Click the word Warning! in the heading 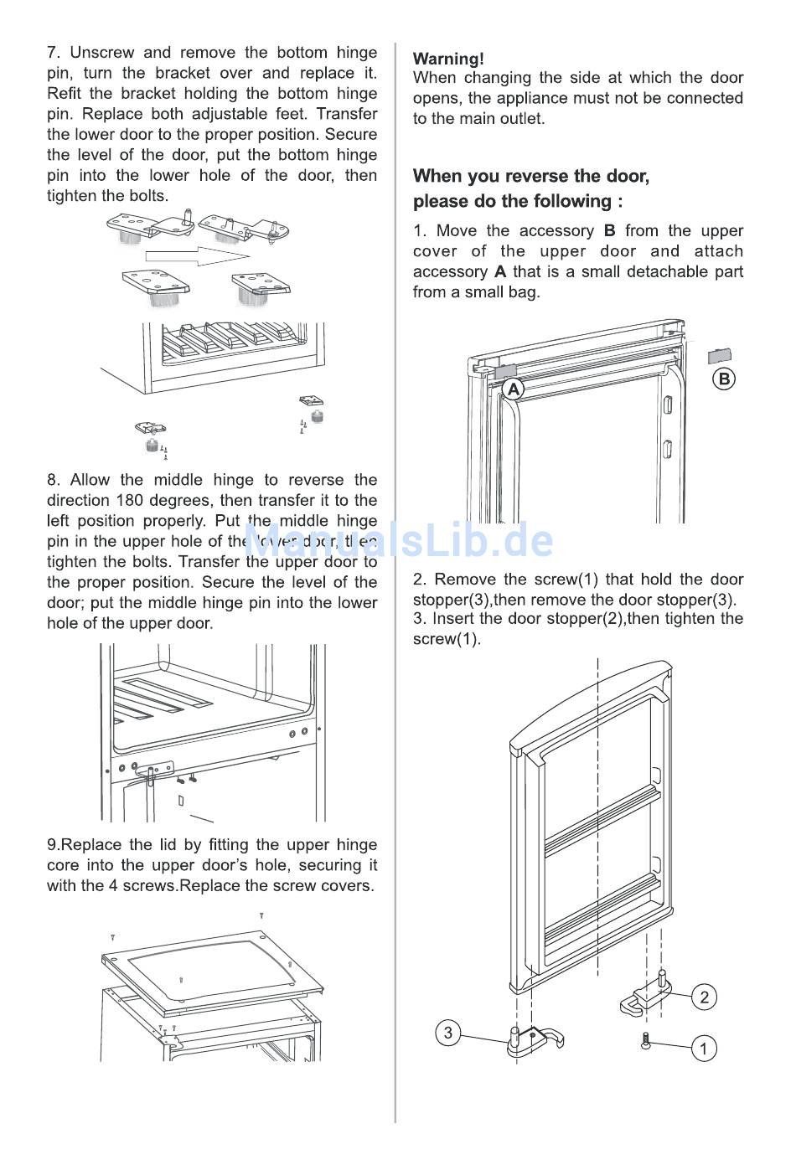pos(448,59)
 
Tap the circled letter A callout pos(513,389)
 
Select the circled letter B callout pos(724,379)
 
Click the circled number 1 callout pos(704,1048)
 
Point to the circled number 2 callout pos(704,997)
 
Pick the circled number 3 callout pos(448,1033)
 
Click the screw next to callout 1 pos(644,1042)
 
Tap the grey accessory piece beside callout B pos(720,355)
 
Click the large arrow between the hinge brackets pos(198,255)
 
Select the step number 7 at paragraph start pos(53,53)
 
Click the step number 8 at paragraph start pos(53,480)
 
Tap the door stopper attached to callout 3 pos(534,1041)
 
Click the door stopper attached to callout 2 pos(644,997)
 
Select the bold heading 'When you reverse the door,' pos(530,176)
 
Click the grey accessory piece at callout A pos(505,369)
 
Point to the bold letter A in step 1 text pos(499,272)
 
